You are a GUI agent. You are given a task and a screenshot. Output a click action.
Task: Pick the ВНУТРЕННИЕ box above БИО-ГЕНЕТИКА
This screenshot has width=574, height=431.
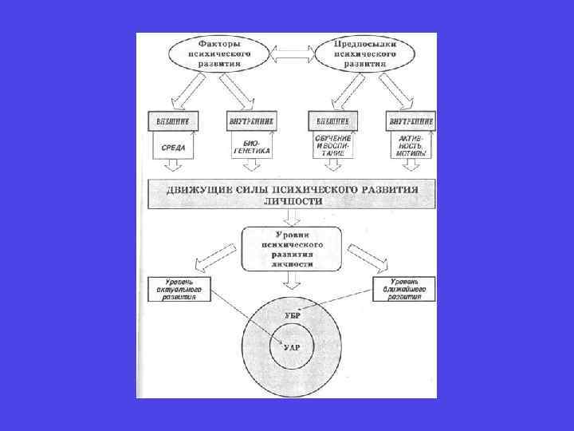pos(253,121)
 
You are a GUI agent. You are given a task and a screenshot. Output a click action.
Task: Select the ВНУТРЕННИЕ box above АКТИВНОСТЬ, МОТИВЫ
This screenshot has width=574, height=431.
pos(411,121)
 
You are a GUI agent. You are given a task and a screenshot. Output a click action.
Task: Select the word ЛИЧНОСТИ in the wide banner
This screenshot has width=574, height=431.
pos(292,203)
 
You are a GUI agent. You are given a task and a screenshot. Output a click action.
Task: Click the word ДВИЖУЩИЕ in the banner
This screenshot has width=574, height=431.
pos(198,189)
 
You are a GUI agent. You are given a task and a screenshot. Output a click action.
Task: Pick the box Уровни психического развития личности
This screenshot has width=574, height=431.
pos(292,247)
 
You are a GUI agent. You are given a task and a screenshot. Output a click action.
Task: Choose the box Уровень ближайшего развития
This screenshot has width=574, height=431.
pos(405,290)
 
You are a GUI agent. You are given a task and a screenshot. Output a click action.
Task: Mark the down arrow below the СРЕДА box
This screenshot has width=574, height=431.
pos(173,165)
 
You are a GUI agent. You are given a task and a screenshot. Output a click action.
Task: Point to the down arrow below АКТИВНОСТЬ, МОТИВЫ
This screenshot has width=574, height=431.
pos(411,166)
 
